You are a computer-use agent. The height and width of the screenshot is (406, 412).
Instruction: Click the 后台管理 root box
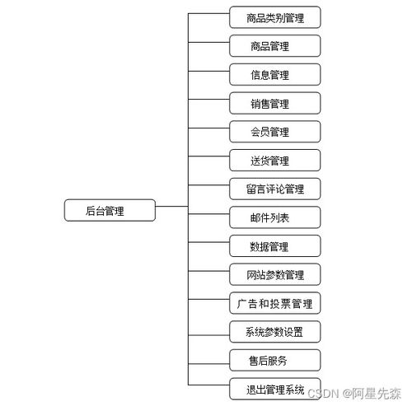[x=110, y=210]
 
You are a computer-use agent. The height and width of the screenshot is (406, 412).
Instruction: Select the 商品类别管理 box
[x=275, y=17]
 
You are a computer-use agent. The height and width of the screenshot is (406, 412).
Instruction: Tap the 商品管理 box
[x=275, y=46]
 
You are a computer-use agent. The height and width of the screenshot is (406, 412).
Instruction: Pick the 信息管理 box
[x=275, y=74]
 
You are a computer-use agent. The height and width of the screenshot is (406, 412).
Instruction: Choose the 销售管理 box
[x=275, y=103]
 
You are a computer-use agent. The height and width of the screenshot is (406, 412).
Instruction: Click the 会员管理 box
[x=275, y=132]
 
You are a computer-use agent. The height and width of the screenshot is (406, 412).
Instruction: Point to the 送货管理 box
[x=275, y=161]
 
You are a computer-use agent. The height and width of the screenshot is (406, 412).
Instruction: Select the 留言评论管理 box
[x=275, y=189]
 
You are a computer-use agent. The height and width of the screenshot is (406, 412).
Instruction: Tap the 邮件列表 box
[x=275, y=217]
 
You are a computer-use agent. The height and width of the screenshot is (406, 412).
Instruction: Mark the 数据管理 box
[x=275, y=246]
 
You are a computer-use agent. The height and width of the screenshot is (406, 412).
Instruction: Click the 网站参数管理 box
[x=275, y=274]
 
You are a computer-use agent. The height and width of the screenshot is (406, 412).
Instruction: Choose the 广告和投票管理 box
[x=275, y=303]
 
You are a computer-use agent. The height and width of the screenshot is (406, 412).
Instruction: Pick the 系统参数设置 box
[x=275, y=332]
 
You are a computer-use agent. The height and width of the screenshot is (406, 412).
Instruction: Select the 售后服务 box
[x=275, y=360]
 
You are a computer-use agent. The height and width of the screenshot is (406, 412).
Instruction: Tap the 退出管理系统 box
[x=275, y=389]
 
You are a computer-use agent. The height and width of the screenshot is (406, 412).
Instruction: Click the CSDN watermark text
[x=354, y=394]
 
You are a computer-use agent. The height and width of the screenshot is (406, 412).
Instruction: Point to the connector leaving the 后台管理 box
[x=171, y=206]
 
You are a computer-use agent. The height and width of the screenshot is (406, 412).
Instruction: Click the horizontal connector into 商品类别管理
[x=208, y=13]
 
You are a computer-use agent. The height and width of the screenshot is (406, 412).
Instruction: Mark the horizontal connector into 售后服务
[x=208, y=364]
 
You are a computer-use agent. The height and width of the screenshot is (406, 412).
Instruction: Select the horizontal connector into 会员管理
[x=208, y=128]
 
